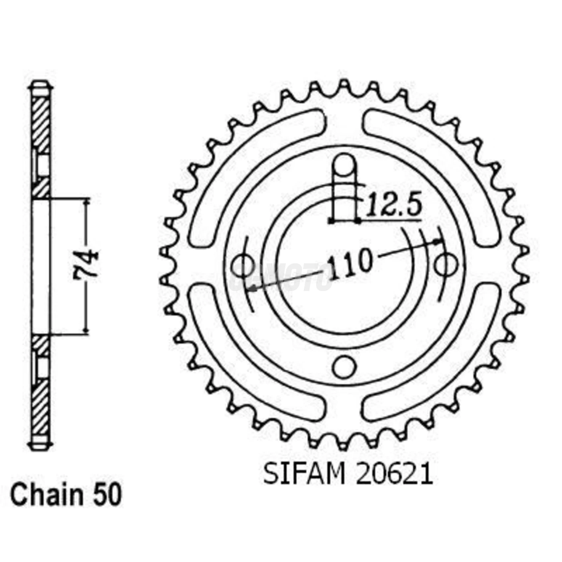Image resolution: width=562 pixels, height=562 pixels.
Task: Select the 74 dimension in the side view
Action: (86, 266)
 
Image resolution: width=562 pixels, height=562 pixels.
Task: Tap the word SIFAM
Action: (304, 474)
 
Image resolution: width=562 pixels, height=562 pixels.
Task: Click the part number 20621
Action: (393, 474)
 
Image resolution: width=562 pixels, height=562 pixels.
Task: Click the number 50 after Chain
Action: (107, 495)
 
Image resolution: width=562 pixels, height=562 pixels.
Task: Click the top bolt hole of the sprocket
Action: (344, 166)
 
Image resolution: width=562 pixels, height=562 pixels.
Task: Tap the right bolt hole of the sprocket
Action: (446, 265)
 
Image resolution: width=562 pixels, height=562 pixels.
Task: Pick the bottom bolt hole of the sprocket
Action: (344, 366)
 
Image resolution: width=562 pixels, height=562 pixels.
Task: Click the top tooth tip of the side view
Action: (41, 86)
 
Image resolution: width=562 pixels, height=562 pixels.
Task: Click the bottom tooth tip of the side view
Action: (41, 446)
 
